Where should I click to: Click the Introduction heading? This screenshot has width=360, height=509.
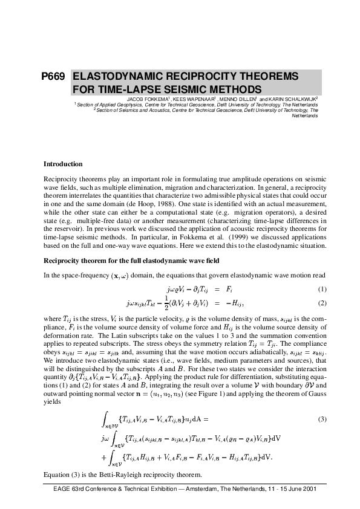63,164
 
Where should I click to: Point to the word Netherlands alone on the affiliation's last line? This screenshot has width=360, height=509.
304,115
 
